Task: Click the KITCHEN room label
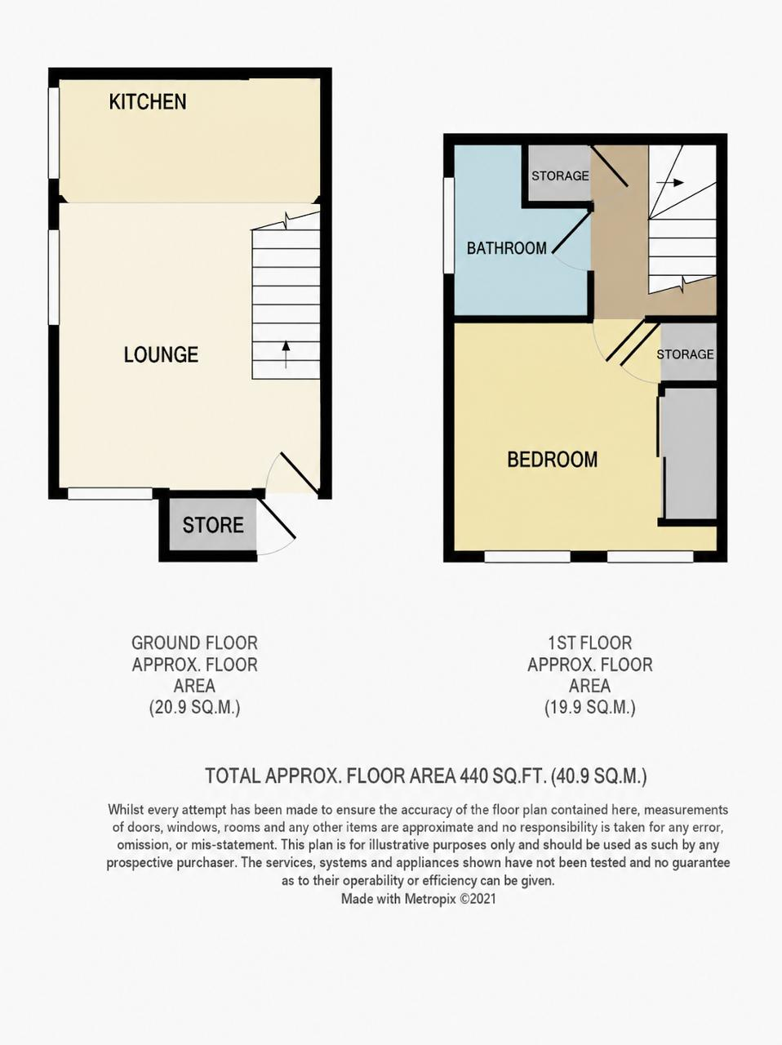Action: [148, 102]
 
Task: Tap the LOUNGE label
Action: [161, 354]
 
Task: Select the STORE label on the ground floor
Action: [213, 525]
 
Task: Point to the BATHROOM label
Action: [506, 248]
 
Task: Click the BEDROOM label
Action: [552, 460]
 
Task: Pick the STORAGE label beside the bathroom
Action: [560, 176]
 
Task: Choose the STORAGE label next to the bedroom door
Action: [685, 354]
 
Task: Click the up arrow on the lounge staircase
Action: [286, 354]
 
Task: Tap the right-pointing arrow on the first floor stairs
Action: [669, 182]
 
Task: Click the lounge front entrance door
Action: [299, 472]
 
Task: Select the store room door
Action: [277, 519]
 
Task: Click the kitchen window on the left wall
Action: [54, 133]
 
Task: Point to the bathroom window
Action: [449, 225]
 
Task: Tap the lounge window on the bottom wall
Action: [110, 494]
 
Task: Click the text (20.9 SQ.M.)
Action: [194, 708]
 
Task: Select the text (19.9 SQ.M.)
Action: [589, 708]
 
